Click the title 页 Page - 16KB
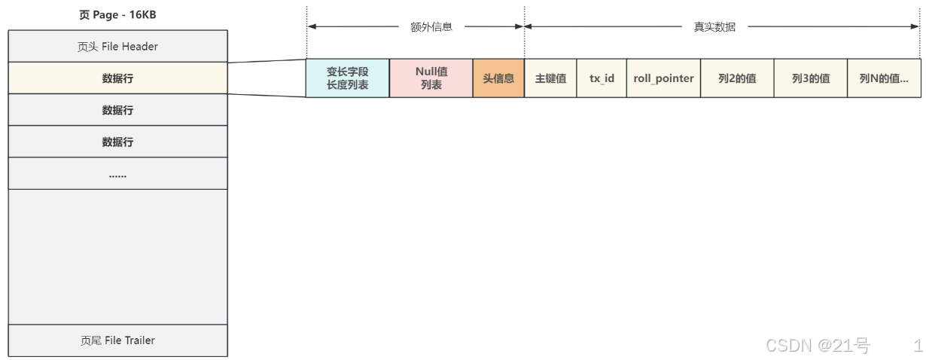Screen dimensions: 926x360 (117, 14)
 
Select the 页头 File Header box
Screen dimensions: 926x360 (117, 46)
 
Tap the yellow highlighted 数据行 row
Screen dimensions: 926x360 (117, 78)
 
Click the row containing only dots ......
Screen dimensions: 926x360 (117, 173)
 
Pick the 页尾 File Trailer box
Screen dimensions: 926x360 (117, 340)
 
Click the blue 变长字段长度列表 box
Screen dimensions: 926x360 (347, 78)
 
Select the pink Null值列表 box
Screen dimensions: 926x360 (431, 78)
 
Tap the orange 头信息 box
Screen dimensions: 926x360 (498, 78)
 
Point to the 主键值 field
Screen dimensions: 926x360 (550, 78)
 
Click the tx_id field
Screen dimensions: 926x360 (602, 78)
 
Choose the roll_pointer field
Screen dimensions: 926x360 (663, 78)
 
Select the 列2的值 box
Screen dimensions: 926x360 (737, 78)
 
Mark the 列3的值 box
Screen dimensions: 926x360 (811, 78)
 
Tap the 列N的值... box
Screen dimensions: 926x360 (884, 78)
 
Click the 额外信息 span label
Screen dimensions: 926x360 (431, 26)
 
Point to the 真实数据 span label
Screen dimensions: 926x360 (714, 26)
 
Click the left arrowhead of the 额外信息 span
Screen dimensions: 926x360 (311, 26)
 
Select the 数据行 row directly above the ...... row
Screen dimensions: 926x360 (117, 142)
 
